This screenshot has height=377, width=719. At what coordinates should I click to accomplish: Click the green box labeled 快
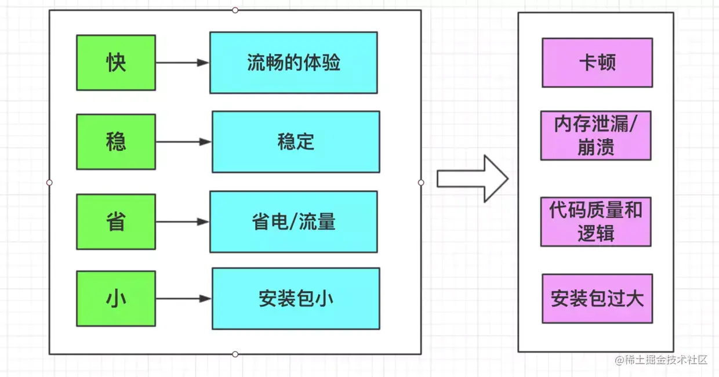pos(116,63)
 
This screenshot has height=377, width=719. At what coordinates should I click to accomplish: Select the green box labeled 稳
pos(116,142)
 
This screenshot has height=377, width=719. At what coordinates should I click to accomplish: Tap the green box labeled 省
pos(116,222)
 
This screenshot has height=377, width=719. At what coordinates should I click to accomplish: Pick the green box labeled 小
pos(116,299)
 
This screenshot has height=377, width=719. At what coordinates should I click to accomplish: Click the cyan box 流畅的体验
pos(293,63)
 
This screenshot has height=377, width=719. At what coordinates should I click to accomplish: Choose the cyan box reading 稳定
pos(296,142)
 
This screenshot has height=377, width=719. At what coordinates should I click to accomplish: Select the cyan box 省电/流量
pos(293,222)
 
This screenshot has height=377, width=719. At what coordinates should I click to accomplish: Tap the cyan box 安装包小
pos(296,299)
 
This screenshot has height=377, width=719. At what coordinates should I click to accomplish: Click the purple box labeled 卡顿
pos(597,63)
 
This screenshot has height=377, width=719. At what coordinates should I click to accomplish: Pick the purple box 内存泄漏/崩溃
pos(596,136)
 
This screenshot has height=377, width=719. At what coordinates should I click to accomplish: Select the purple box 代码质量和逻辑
pos(596,222)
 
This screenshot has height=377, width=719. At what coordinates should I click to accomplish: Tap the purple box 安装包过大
pos(597,299)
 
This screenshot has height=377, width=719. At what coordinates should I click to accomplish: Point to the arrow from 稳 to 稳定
pos(183,142)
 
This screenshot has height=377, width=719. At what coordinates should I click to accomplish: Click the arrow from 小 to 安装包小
pos(183,299)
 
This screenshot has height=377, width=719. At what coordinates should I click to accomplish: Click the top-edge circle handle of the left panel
pos(235,10)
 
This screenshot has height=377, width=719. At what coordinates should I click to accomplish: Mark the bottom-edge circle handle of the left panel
pos(235,354)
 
